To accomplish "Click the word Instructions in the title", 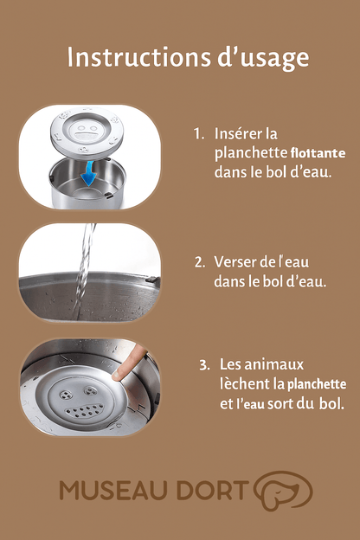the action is pyautogui.click(x=138, y=57).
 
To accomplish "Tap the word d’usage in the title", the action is pyautogui.click(x=263, y=59).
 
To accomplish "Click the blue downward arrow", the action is pyautogui.click(x=89, y=174).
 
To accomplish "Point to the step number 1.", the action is pyautogui.click(x=198, y=133).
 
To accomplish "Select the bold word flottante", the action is pyautogui.click(x=318, y=152).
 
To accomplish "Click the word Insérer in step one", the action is pyautogui.click(x=235, y=133).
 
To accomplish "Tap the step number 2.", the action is pyautogui.click(x=200, y=262).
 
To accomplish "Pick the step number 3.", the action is pyautogui.click(x=204, y=364).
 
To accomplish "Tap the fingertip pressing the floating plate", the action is pyautogui.click(x=119, y=374).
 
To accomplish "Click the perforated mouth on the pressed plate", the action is pyautogui.click(x=85, y=410).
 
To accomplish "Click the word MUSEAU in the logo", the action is pyautogui.click(x=113, y=490).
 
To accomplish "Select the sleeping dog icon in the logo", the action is pyautogui.click(x=283, y=491).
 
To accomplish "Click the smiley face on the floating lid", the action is pyautogui.click(x=84, y=132).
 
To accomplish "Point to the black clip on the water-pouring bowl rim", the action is pyautogui.click(x=152, y=280).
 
